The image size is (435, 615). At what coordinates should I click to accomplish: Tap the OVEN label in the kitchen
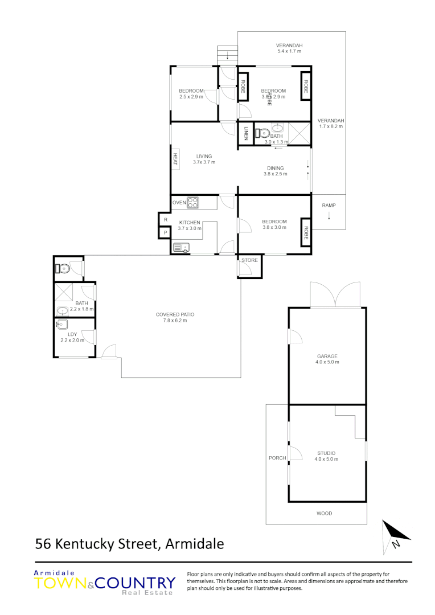click(179, 202)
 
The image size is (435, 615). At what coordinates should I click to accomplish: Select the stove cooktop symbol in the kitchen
click(194, 202)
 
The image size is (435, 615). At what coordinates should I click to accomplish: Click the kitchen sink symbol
click(182, 247)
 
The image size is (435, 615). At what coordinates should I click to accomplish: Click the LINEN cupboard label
click(246, 134)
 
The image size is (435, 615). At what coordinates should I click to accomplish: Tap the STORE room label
click(249, 260)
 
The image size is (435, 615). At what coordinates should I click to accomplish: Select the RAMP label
click(329, 205)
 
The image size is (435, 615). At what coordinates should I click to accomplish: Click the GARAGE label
click(327, 356)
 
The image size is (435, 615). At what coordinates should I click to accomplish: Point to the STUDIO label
click(327, 453)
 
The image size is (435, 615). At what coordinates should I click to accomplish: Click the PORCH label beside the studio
click(277, 458)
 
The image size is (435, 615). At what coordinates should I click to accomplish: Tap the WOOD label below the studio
click(325, 513)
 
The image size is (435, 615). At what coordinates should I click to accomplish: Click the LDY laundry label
click(72, 334)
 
